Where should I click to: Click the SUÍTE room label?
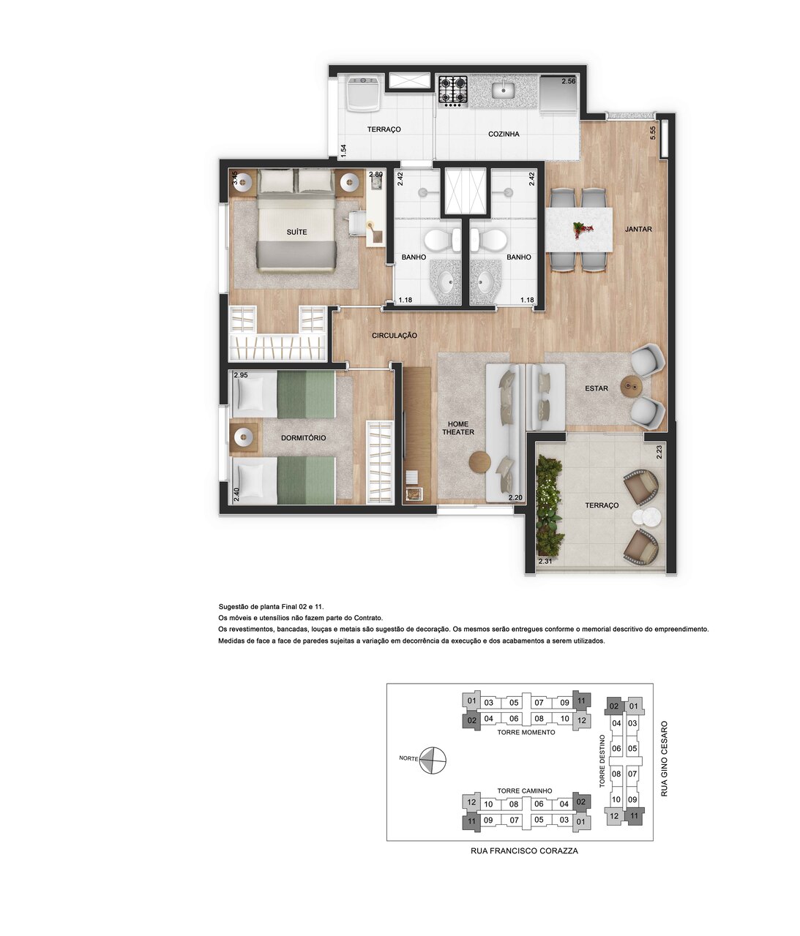click(296, 232)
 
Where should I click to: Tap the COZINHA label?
click(504, 134)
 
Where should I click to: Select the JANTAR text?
click(638, 229)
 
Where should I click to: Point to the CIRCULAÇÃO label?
click(395, 335)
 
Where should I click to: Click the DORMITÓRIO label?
click(303, 437)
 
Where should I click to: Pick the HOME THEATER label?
click(458, 428)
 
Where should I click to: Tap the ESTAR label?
click(596, 388)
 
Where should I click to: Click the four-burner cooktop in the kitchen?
click(453, 90)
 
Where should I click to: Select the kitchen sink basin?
click(504, 90)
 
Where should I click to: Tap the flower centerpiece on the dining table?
click(583, 230)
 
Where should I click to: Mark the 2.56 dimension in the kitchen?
click(569, 81)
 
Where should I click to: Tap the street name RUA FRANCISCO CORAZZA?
click(524, 851)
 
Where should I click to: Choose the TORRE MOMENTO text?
click(526, 732)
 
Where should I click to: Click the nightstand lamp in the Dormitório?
click(243, 437)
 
